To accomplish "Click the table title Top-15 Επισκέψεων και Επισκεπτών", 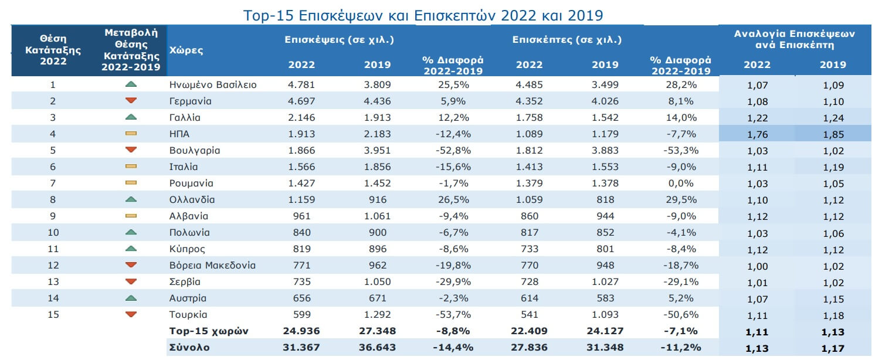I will tap(423, 15).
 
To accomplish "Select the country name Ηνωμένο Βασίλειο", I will tap(212, 84).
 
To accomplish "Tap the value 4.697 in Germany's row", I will tap(301, 101).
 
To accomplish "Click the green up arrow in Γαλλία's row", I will tap(131, 117).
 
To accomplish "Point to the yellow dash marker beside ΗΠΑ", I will tap(131, 134).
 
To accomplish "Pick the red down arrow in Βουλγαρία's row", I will tap(131, 150).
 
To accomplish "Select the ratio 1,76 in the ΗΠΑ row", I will tap(757, 134).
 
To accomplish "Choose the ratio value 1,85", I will tap(833, 134).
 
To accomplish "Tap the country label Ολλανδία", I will tap(192, 199).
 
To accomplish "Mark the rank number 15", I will tap(53, 314).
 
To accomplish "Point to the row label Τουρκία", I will tap(188, 314).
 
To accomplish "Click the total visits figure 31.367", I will tap(301, 347).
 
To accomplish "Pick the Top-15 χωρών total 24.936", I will tap(301, 331).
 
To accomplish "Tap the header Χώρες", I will tap(186, 50).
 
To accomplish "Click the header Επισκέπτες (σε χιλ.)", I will tap(566, 40).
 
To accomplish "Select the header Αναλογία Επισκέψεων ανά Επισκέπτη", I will tap(795, 39).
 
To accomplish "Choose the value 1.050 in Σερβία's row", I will tap(377, 281).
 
